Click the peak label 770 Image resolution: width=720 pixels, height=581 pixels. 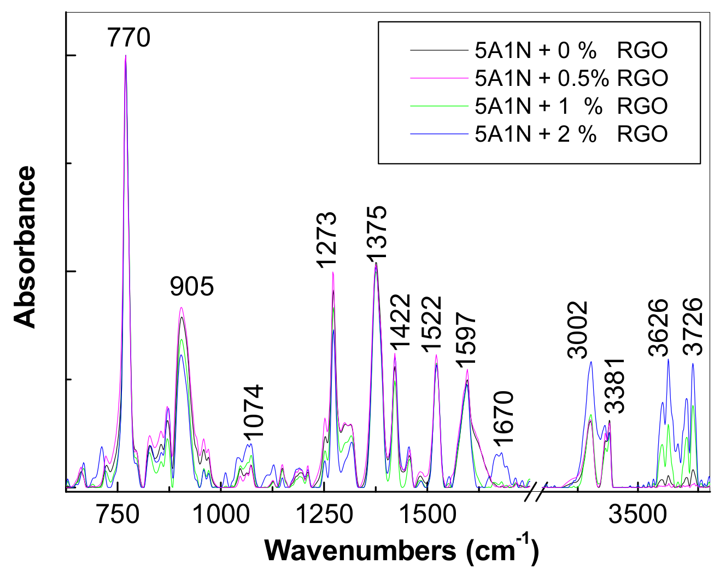point(128,38)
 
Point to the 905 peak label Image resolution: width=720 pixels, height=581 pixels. point(191,286)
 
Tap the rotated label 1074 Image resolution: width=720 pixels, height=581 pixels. point(254,411)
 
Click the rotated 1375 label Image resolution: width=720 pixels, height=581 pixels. point(376,233)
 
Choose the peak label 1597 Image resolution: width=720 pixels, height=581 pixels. point(467,341)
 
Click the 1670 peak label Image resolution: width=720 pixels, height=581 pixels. point(503,418)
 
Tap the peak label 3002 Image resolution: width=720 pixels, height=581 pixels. point(578,330)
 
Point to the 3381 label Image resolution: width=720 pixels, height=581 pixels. point(615,386)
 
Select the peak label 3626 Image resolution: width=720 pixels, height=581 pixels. point(658,328)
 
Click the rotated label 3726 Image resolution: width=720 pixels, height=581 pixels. point(693,327)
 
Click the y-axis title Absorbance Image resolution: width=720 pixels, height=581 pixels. point(25,247)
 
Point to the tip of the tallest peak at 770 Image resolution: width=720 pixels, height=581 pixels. point(126,56)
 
